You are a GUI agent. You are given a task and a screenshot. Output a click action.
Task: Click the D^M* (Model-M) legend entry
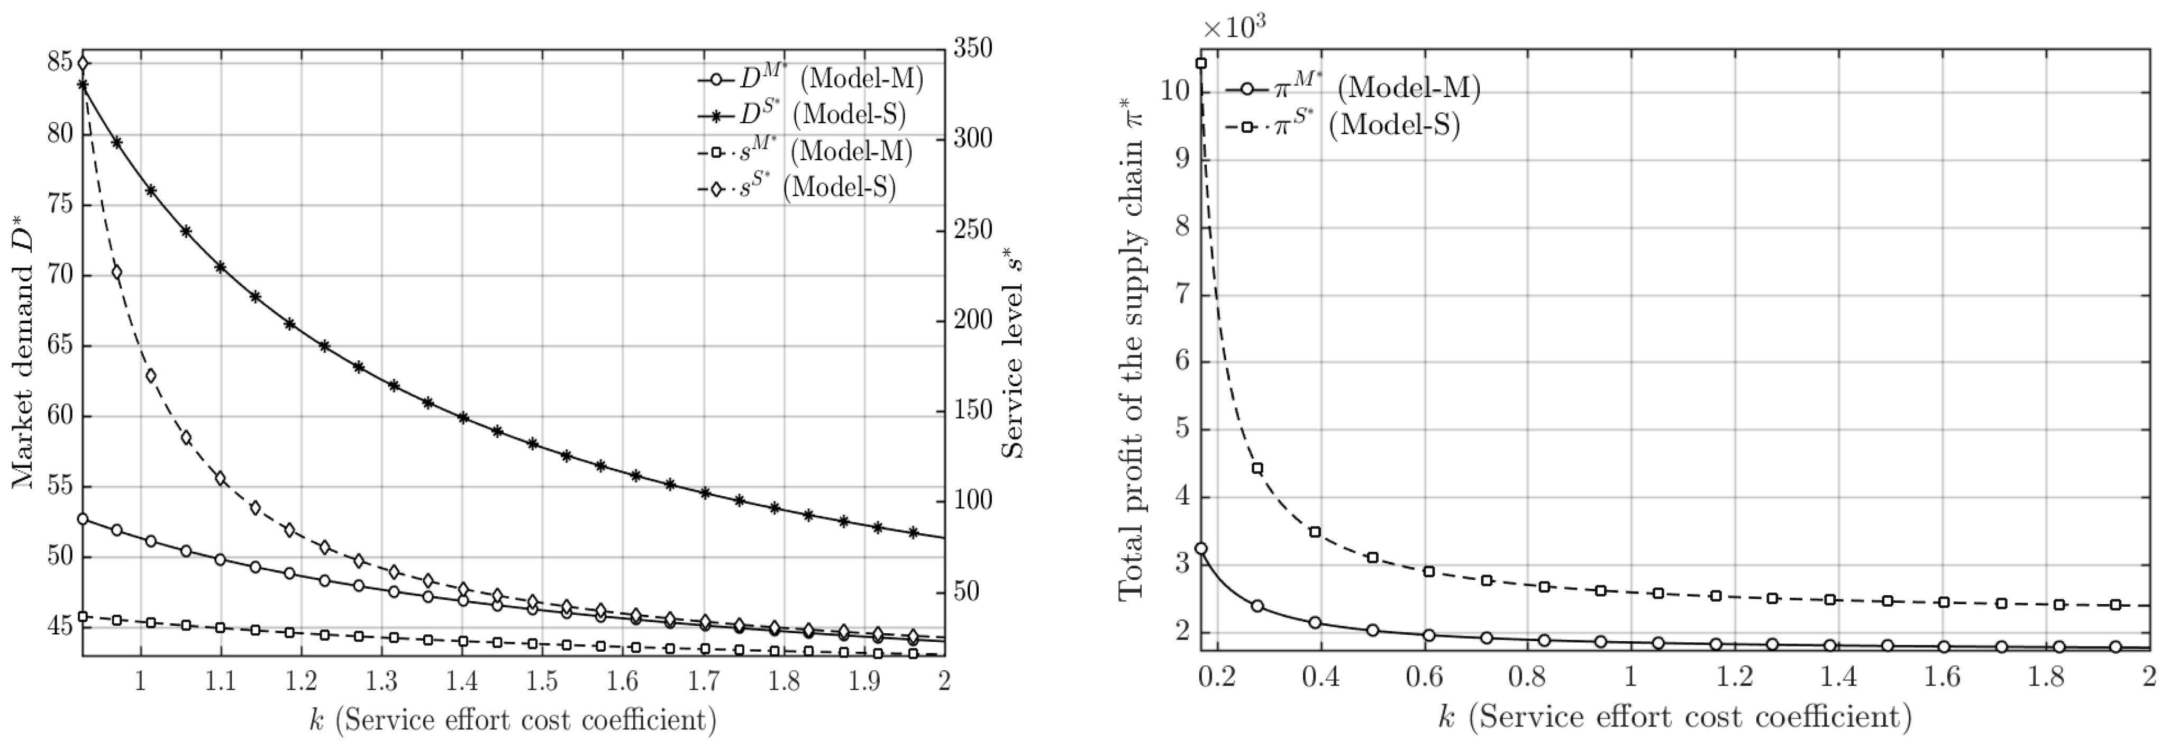[x=810, y=79]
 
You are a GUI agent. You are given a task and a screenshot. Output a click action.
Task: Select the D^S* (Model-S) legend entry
[x=801, y=114]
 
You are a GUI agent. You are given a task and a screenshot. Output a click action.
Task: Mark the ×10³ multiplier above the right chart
[x=1234, y=28]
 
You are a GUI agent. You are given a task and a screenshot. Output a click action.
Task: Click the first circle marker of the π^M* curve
[x=1201, y=548]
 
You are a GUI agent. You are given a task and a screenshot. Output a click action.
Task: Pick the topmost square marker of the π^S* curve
[x=1201, y=63]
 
